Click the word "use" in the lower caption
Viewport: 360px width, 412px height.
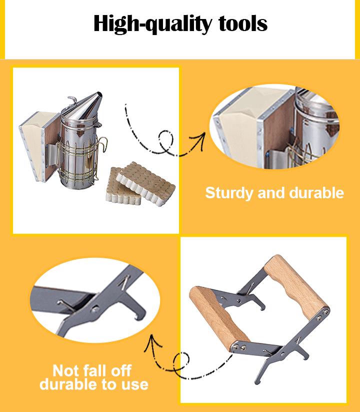click(134, 384)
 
